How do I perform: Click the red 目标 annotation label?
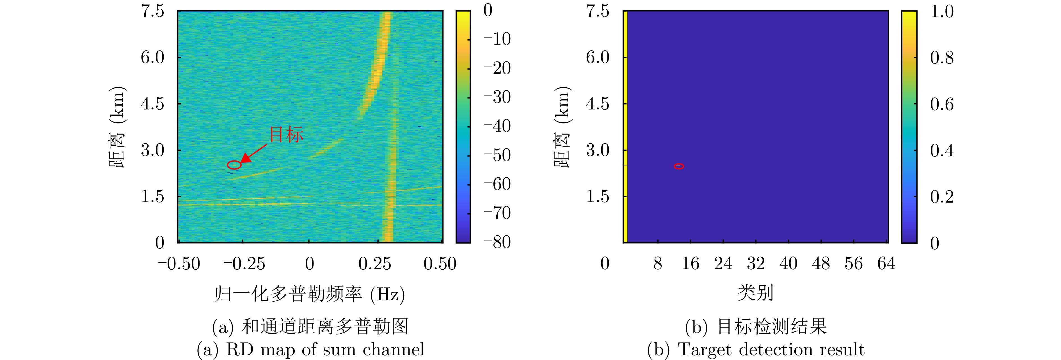(x=286, y=135)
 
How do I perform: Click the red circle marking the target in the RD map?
(x=234, y=165)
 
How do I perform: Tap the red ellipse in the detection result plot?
(x=679, y=166)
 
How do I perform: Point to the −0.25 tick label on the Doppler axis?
(x=244, y=263)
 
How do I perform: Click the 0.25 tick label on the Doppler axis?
(x=374, y=263)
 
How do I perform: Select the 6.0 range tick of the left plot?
(x=152, y=57)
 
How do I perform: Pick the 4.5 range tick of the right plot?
(x=598, y=104)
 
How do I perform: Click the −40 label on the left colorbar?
(x=497, y=126)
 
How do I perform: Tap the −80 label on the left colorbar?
(x=497, y=242)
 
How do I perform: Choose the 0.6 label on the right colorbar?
(x=941, y=104)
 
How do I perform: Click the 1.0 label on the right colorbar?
(x=941, y=12)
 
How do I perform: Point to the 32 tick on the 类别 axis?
(x=756, y=263)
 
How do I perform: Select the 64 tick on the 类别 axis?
(x=886, y=263)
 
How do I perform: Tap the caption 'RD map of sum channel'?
(x=325, y=349)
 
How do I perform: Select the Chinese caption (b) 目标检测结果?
(x=756, y=327)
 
